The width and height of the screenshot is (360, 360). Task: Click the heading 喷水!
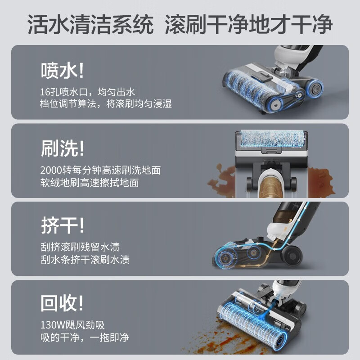coord(63,71)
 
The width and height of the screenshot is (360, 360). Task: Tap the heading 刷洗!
coord(63,148)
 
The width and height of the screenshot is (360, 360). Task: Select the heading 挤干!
coord(63,225)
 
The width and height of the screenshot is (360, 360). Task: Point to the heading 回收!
coord(62,303)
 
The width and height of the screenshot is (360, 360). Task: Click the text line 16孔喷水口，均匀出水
coord(87,92)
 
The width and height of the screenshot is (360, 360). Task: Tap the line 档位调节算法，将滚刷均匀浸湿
coord(106,104)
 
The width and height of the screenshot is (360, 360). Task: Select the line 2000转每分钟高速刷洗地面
coord(100,170)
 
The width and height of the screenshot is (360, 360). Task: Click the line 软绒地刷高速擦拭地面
coord(90,183)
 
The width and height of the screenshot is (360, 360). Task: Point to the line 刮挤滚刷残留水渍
coord(80,247)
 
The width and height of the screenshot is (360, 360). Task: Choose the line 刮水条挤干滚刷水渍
coord(85,260)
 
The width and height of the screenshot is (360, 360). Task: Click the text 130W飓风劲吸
coord(72,325)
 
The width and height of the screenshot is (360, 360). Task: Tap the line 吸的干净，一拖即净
coord(85,337)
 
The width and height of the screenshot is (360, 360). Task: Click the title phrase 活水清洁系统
coord(90,25)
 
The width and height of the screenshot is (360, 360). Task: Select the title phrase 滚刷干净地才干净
coord(249,25)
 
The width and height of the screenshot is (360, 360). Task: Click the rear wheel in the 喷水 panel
coord(315,88)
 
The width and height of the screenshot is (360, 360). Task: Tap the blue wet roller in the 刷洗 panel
coord(272,139)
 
